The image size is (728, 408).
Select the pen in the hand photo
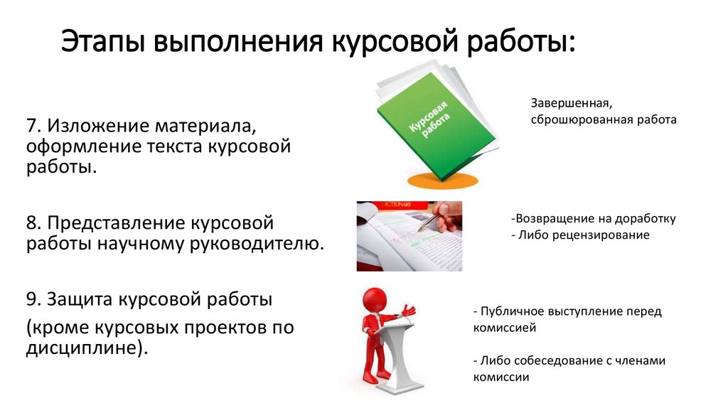(x=428, y=221)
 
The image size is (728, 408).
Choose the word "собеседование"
(x=557, y=360)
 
